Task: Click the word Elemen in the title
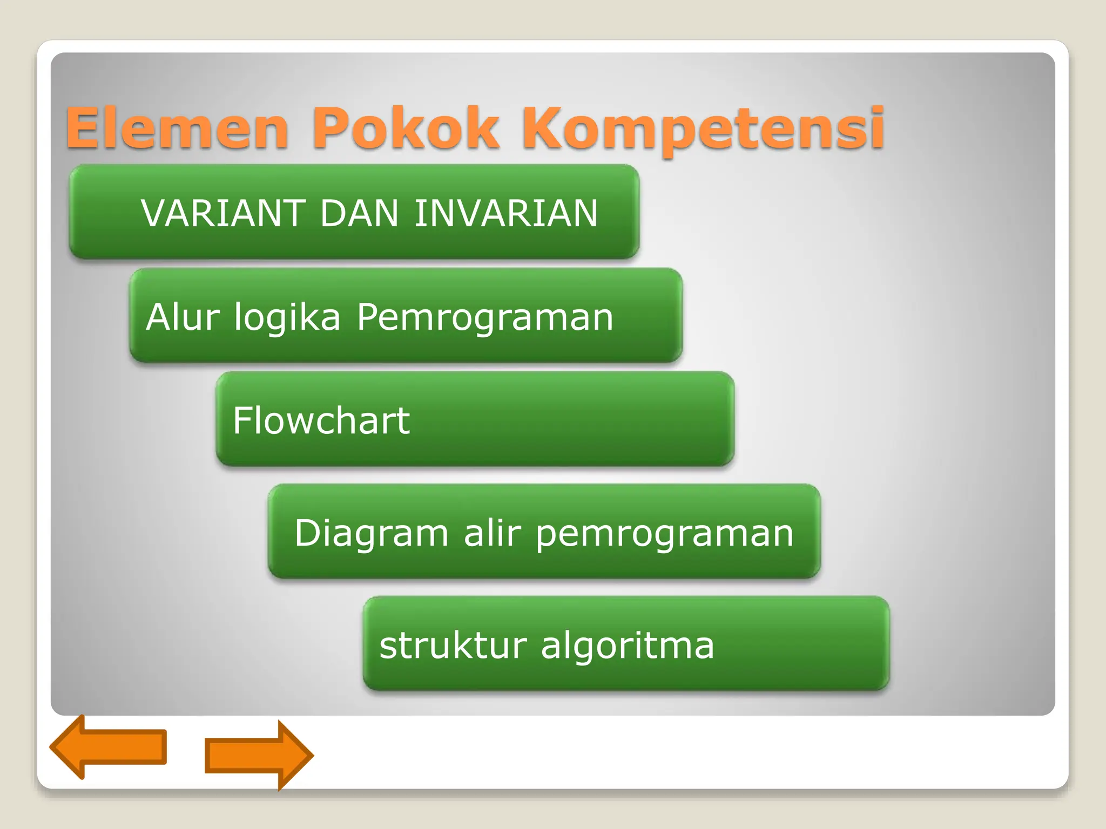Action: coord(177,128)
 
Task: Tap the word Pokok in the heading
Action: coord(405,128)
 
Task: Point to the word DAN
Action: coord(359,213)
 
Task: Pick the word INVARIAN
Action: coord(506,213)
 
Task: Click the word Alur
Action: coord(183,317)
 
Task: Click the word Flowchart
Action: coord(321,420)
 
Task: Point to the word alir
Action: coord(492,533)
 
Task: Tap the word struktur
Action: coord(453,645)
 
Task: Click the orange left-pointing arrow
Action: coord(108,747)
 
